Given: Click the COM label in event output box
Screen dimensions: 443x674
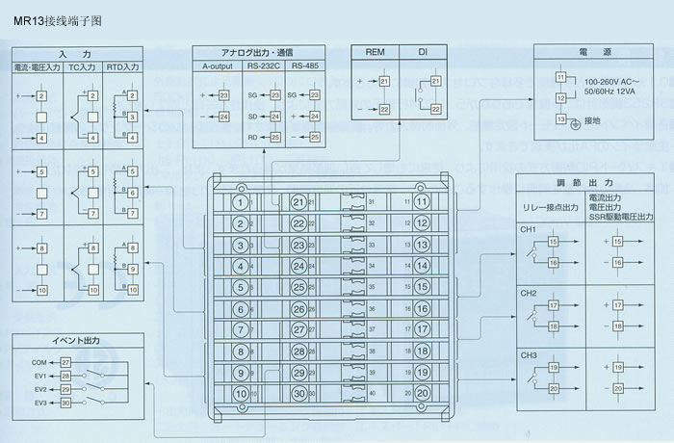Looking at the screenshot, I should point(39,361).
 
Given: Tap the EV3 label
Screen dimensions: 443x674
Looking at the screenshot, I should point(39,402).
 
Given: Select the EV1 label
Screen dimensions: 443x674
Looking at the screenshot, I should point(39,375).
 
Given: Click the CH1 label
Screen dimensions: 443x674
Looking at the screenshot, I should point(529,230).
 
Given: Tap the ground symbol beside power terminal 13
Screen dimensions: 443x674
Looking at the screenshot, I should point(575,123).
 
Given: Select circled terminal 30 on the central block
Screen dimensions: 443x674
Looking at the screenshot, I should point(298,393).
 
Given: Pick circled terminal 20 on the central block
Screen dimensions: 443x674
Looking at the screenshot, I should point(423,393).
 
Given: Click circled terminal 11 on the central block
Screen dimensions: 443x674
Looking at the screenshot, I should point(423,202).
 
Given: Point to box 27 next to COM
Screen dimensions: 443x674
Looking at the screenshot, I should point(65,361).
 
